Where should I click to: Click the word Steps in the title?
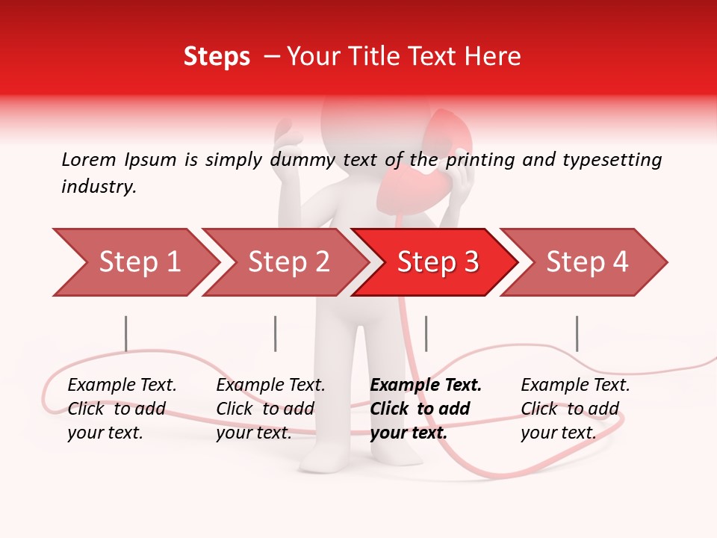pyautogui.click(x=217, y=57)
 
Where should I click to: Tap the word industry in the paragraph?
pyautogui.click(x=97, y=187)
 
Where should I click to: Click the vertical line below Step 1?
pyautogui.click(x=126, y=333)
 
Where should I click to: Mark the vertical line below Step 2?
pyautogui.click(x=275, y=333)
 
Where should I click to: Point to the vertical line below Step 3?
pyautogui.click(x=426, y=333)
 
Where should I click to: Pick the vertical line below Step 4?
pyautogui.click(x=577, y=333)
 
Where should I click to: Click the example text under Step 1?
pyautogui.click(x=121, y=409)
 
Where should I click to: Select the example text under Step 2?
pyautogui.click(x=270, y=409)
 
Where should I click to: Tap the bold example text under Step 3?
pyautogui.click(x=425, y=409)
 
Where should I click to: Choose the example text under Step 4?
pyautogui.click(x=574, y=409)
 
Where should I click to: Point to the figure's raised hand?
pyautogui.click(x=288, y=142)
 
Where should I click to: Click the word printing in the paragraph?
pyautogui.click(x=479, y=159)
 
